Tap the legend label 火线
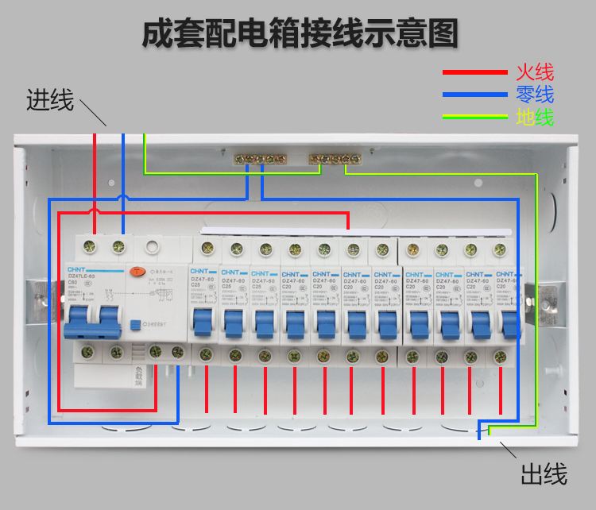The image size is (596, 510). tap(534, 72)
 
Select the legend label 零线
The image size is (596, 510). tap(534, 95)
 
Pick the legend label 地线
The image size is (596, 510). tap(534, 118)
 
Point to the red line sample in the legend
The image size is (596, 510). tap(475, 72)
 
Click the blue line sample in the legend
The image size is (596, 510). tap(475, 95)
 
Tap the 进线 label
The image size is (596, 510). tap(49, 100)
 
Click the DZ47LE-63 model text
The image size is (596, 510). tap(81, 275)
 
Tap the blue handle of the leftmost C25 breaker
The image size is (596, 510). tap(199, 322)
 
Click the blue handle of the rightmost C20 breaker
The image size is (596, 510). tap(506, 322)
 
